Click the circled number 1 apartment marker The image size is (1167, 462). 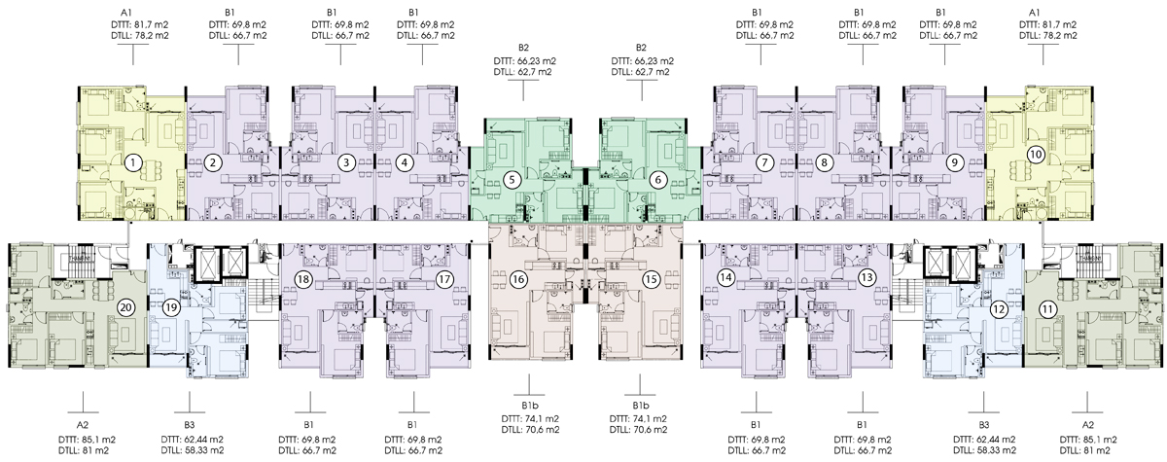click(133, 163)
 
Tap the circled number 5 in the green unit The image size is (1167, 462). click(513, 180)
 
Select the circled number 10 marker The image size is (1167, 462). click(1035, 155)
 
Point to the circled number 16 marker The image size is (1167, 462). click(518, 280)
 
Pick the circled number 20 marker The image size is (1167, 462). click(126, 307)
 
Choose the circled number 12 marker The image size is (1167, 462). click(999, 309)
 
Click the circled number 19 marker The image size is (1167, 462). click(171, 307)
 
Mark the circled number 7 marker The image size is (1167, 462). click(764, 163)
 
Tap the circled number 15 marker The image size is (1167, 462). click(651, 280)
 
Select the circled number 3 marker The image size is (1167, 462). click(346, 163)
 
